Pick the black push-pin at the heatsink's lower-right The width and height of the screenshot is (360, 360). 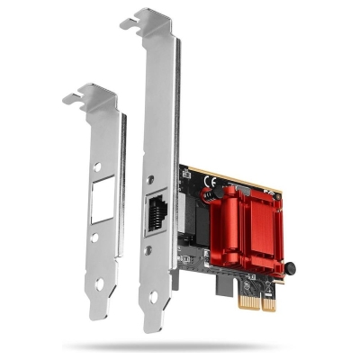pyautogui.click(x=291, y=267)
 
